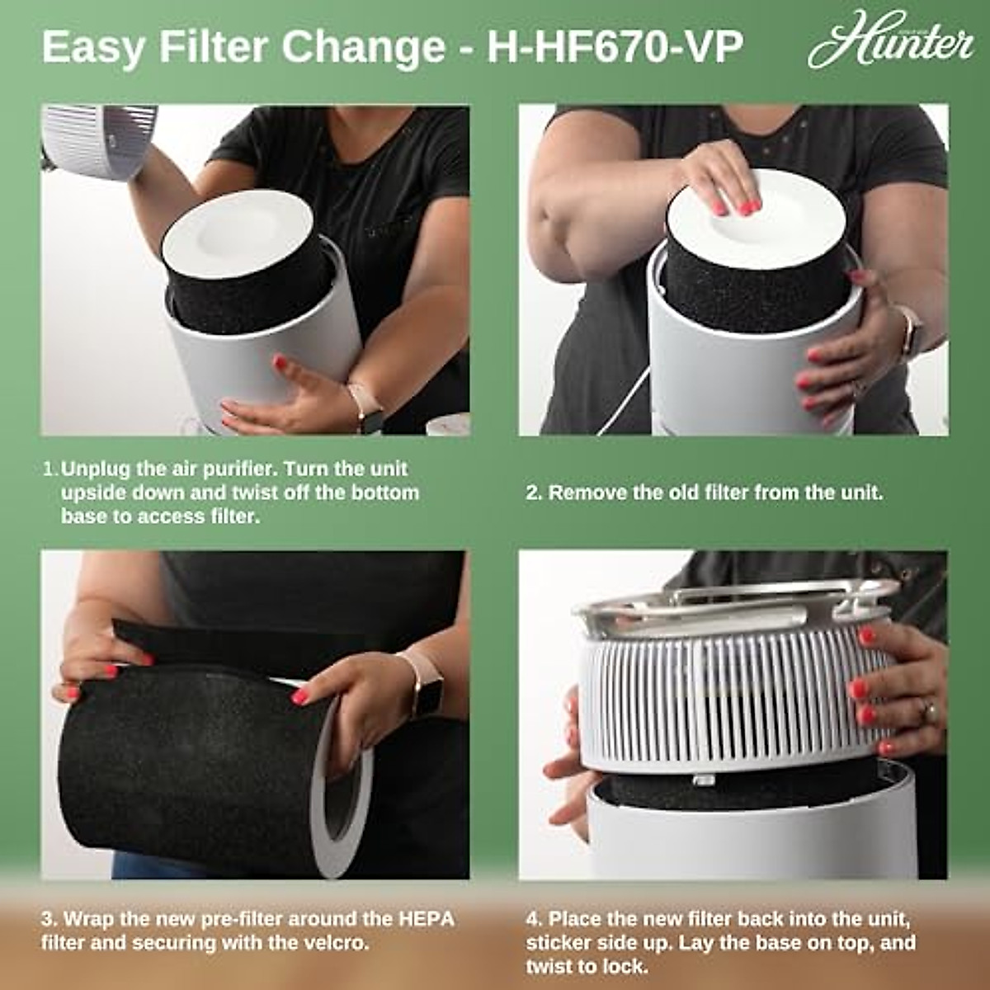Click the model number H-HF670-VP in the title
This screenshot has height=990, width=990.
615,48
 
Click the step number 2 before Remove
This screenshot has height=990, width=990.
533,493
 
